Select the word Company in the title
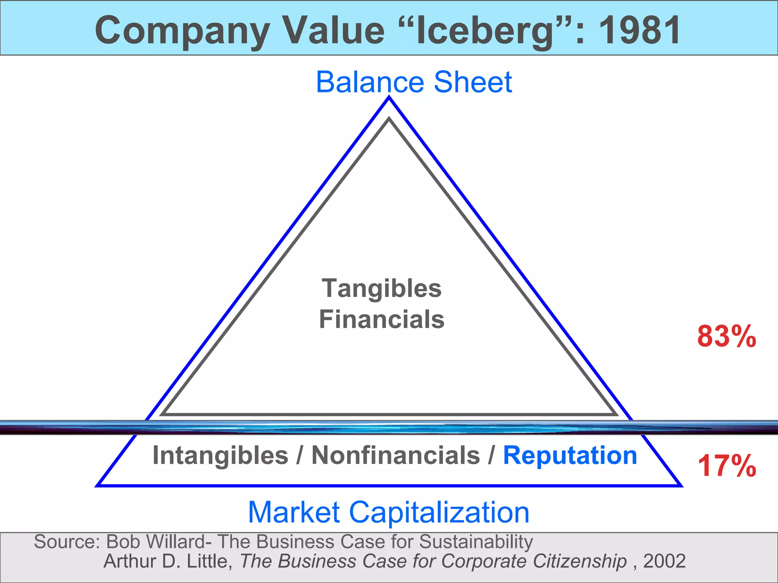182,31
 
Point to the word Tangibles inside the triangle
382,288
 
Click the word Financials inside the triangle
382,319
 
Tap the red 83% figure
726,336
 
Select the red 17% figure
726,466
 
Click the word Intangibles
220,455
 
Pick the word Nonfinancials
395,455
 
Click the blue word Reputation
570,455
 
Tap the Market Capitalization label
388,512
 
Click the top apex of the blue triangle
389,98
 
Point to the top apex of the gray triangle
389,119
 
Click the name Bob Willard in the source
155,542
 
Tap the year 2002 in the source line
664,561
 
